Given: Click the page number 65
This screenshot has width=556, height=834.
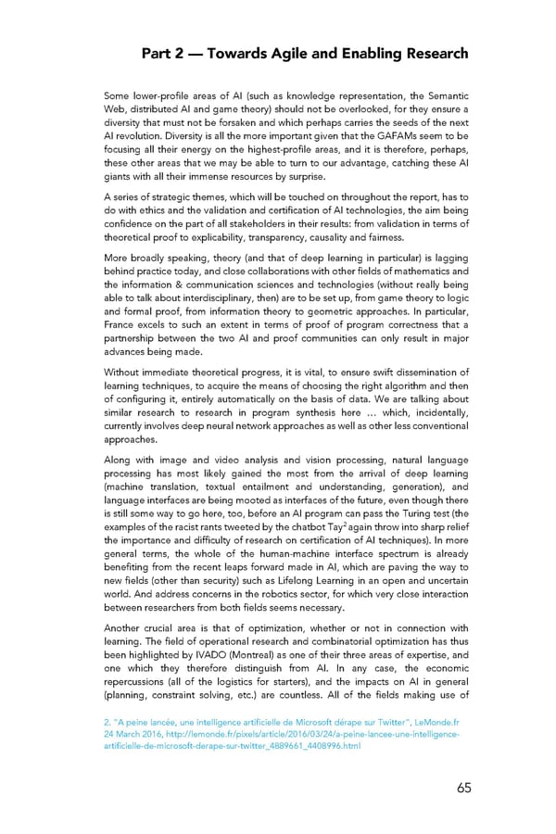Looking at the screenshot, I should point(463,788).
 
